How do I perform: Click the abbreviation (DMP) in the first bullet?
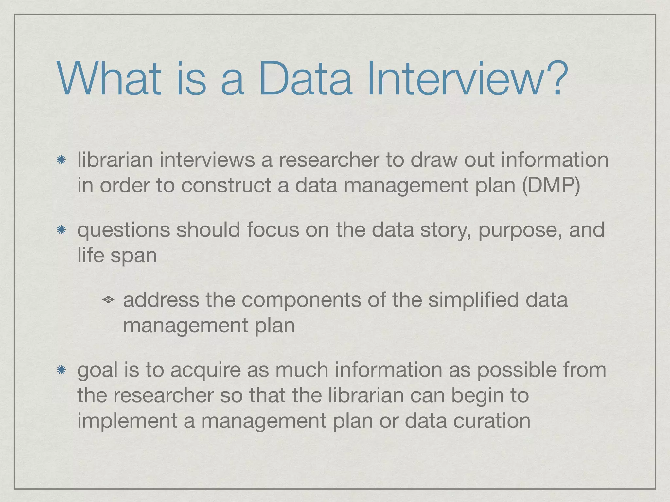click(551, 185)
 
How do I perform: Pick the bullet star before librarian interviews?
click(61, 160)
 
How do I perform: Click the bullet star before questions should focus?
click(61, 230)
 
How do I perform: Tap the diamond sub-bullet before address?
click(108, 299)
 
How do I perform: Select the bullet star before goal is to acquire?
click(61, 370)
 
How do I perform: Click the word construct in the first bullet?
click(226, 185)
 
